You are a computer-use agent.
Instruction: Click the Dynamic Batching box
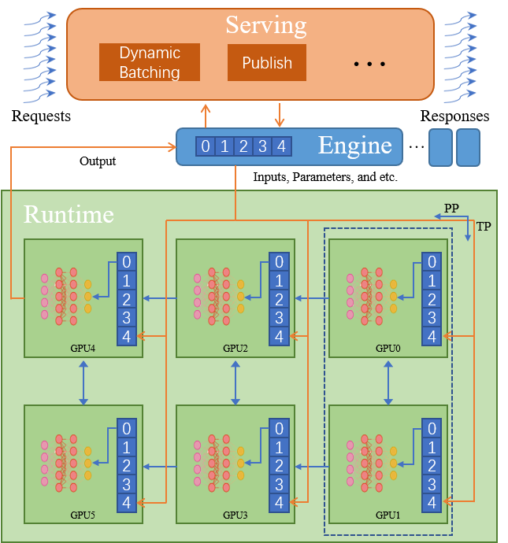[x=150, y=62]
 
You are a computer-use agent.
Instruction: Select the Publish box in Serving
[x=267, y=62]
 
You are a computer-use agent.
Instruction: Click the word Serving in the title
[x=266, y=24]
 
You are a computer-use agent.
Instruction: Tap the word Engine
[x=354, y=146]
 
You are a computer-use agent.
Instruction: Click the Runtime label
[x=69, y=214]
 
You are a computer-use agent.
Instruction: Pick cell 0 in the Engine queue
[x=206, y=146]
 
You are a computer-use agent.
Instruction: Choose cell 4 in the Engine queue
[x=281, y=146]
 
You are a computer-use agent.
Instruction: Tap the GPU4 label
[x=83, y=348]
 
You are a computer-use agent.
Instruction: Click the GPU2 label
[x=235, y=348]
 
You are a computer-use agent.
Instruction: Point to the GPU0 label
[x=387, y=348]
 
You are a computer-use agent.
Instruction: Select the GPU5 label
[x=83, y=515]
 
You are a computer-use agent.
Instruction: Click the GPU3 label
[x=235, y=515]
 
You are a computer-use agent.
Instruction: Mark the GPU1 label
[x=387, y=515]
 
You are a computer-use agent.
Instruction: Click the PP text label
[x=451, y=208]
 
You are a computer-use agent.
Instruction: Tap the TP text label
[x=483, y=227]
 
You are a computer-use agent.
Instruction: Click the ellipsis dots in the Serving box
[x=369, y=64]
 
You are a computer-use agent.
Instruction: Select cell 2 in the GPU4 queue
[x=126, y=299]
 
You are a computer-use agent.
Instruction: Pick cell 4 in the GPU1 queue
[x=431, y=502]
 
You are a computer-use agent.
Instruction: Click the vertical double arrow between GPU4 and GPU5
[x=83, y=386]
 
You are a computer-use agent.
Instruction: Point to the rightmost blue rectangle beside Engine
[x=468, y=147]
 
